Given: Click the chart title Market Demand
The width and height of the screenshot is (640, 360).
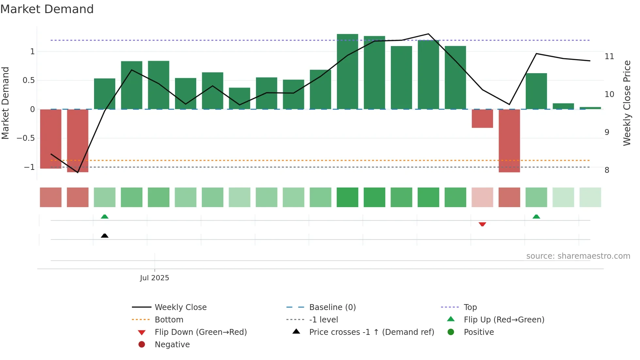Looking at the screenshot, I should (x=47, y=9).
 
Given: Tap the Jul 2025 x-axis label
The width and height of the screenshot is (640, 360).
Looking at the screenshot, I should (x=154, y=278).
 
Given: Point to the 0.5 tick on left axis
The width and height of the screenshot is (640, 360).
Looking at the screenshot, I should (x=29, y=80).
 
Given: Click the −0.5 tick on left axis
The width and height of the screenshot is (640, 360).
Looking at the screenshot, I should (x=26, y=138).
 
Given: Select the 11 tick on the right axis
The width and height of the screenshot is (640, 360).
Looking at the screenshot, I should (x=609, y=57).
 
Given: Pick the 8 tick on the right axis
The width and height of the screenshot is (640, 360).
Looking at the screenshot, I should (x=607, y=170).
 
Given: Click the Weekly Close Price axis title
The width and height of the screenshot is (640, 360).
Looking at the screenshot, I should (x=627, y=103).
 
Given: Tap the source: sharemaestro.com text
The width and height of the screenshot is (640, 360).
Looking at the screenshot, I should (x=578, y=256).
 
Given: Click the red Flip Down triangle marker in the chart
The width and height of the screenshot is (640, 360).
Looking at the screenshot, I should (x=482, y=224).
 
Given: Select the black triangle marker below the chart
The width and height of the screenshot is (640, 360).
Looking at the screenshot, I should (x=104, y=236).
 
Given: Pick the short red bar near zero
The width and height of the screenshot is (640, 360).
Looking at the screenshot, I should (x=482, y=118).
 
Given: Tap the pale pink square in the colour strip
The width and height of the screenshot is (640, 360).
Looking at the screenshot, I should (x=482, y=197).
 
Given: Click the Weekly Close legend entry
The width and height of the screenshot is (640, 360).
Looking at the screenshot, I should (x=181, y=307).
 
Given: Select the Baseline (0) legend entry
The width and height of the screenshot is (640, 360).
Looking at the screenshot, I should (x=332, y=307).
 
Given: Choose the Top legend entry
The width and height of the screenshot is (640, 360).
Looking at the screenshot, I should (x=470, y=307).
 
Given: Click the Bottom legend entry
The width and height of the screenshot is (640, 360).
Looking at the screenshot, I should (x=169, y=320).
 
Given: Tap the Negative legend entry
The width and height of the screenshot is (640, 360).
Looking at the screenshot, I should (x=172, y=345).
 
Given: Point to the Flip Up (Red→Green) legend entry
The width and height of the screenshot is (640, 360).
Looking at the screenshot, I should (x=504, y=320).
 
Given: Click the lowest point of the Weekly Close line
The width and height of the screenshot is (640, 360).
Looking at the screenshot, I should (x=78, y=172).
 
